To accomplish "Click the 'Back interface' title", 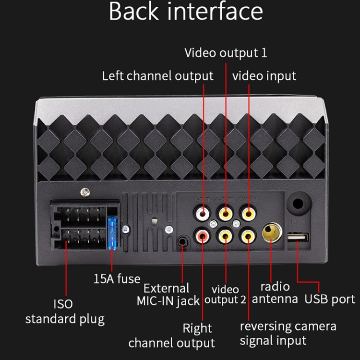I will click(186, 12).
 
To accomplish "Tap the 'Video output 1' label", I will click(226, 52).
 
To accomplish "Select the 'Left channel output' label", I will click(157, 76).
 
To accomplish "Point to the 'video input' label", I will click(264, 76).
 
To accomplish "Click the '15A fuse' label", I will click(117, 278).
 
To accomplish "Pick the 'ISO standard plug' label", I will click(64, 312).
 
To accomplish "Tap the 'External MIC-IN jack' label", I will click(168, 295).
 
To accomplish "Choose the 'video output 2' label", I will click(225, 295).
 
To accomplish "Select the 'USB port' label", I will click(330, 299).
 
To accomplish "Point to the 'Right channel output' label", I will click(171, 336).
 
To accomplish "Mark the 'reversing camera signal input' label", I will click(288, 334).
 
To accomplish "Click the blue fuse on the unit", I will click(113, 233).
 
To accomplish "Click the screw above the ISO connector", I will click(85, 192).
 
